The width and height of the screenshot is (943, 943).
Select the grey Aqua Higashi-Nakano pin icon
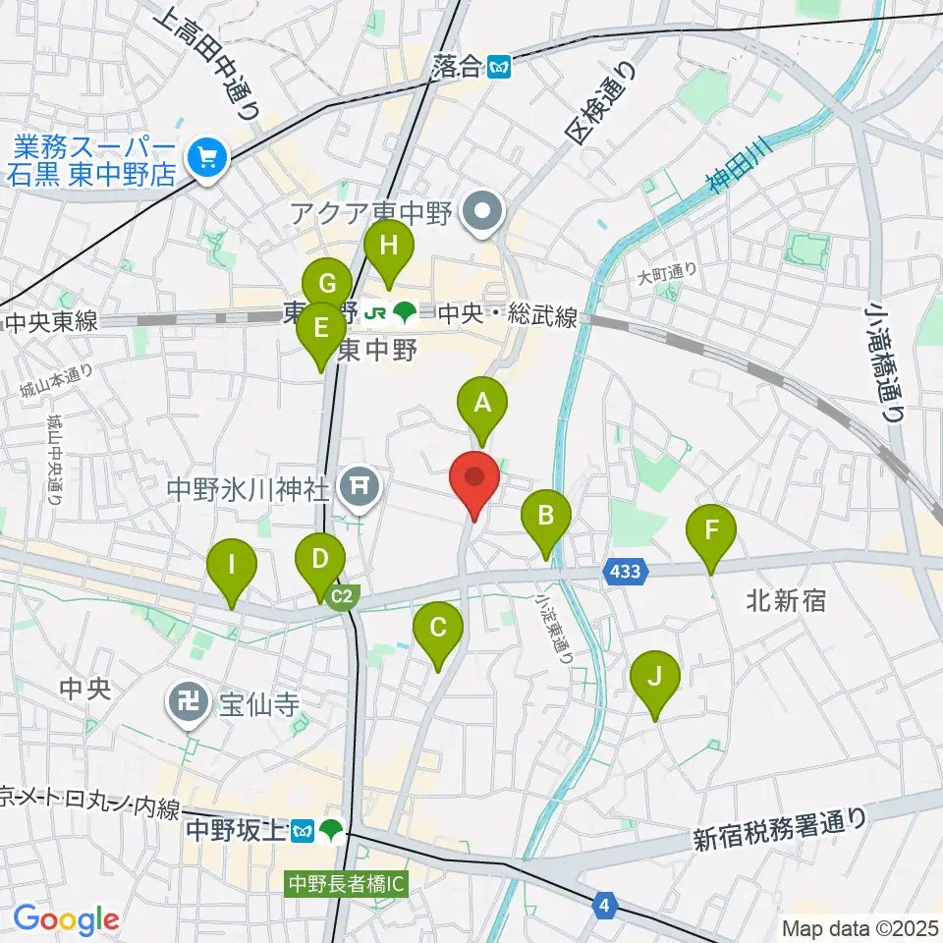coord(483,209)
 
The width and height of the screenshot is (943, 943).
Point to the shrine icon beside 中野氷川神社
coord(361,486)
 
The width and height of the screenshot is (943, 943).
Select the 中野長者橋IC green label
coord(347,883)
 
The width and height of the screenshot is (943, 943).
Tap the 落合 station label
coord(457,67)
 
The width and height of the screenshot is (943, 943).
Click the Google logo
coord(66,919)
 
